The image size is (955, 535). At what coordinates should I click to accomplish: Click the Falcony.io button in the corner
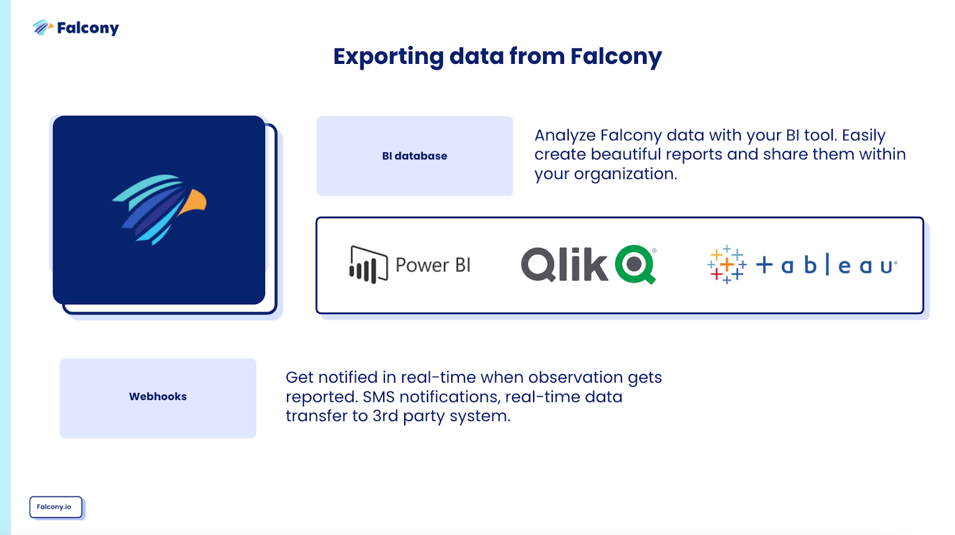coord(55,507)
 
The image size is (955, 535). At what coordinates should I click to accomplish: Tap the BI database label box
coord(414,156)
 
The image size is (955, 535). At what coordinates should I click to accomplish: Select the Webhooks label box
coord(158,398)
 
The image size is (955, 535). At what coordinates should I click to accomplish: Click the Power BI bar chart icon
coord(368,265)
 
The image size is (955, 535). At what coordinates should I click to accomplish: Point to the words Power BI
coord(433,265)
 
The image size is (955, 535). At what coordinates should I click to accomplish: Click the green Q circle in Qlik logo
coord(635,264)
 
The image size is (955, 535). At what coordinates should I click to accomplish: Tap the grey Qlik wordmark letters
coord(564,265)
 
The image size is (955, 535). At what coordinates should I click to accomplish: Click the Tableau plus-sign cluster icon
coord(726,265)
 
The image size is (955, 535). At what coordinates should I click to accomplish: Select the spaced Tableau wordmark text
coord(827,265)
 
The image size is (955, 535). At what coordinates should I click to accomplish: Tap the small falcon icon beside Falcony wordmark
coord(42,27)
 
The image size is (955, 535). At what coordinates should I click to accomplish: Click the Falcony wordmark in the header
coord(88,28)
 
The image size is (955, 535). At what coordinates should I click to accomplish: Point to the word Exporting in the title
coord(388,57)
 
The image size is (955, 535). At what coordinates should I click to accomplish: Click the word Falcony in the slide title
coord(615,57)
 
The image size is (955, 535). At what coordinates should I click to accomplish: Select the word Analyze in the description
coord(565,136)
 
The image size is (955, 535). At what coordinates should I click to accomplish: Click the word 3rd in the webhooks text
coord(385,416)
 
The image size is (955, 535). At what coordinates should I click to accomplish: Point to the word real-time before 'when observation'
coord(438,377)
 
